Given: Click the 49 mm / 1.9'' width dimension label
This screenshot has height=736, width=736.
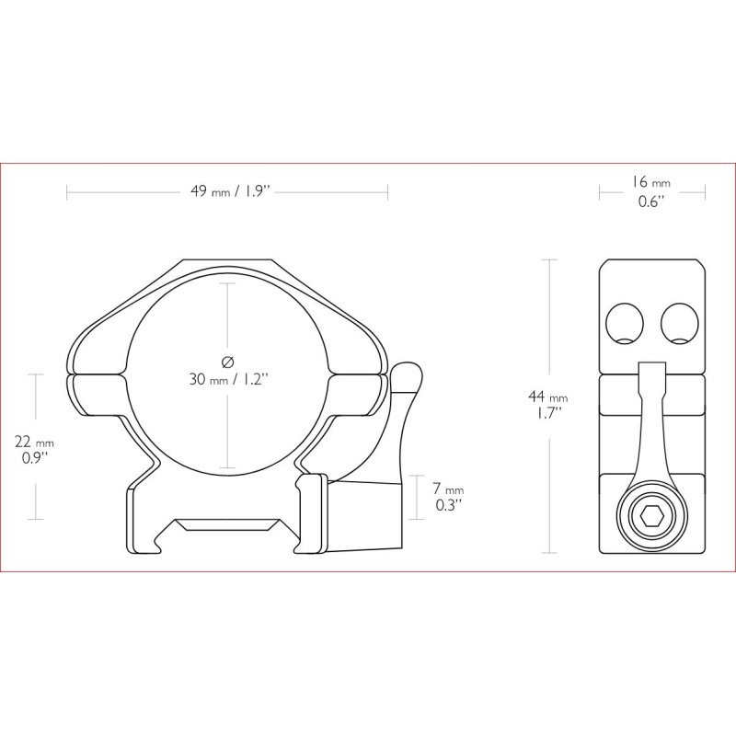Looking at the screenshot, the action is [231, 191].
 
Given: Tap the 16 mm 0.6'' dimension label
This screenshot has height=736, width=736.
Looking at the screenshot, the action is [651, 191].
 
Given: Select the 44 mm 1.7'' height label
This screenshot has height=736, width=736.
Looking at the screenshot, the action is [547, 406].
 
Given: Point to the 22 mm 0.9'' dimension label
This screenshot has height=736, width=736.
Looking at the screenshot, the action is [34, 450].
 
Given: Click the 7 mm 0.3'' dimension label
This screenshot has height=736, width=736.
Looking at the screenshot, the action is [448, 497].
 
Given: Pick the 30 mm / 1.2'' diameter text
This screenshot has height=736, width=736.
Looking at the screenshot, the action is [229, 379].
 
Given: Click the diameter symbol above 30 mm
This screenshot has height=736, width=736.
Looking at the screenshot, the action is [227, 362].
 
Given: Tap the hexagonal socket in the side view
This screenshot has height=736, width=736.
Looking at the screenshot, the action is [651, 518].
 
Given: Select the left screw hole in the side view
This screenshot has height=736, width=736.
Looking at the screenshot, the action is [625, 324].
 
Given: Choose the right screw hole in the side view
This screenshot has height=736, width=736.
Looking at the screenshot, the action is [679, 324].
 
